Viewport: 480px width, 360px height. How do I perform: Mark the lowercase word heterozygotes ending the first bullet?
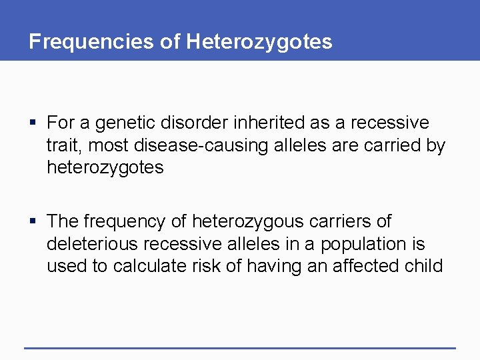pyautogui.click(x=105, y=167)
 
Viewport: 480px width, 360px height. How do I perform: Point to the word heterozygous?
pyautogui.click(x=247, y=221)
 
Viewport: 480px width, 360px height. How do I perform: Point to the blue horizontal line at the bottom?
pyautogui.click(x=240, y=347)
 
